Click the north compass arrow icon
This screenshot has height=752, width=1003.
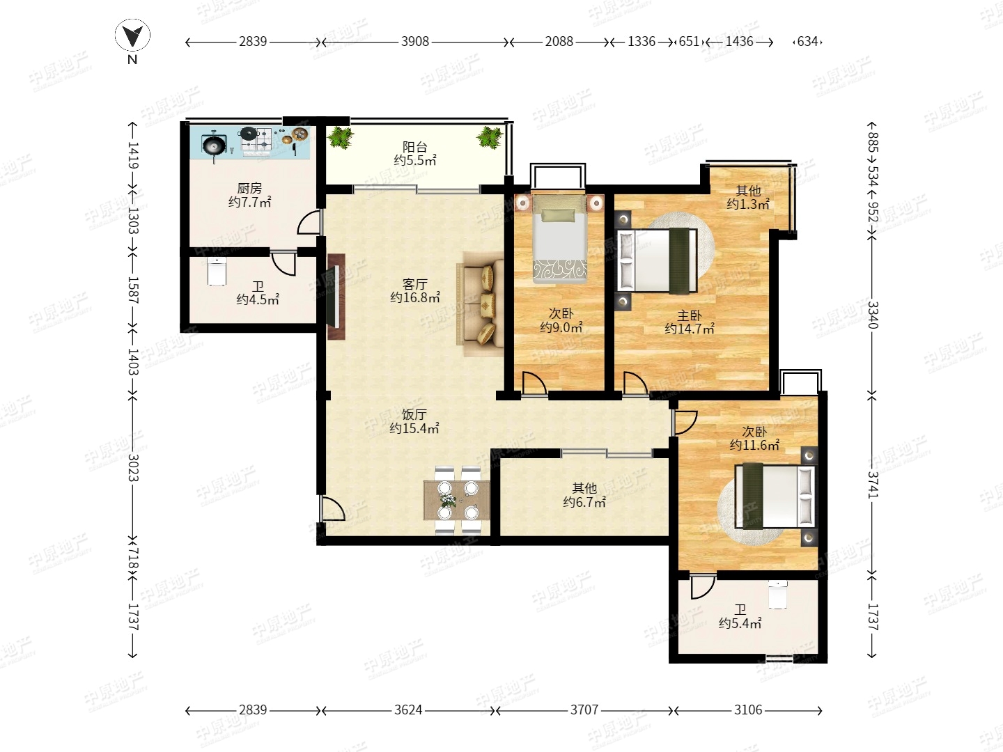132,36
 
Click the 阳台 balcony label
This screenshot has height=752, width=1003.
415,147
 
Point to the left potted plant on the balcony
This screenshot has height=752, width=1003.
341,136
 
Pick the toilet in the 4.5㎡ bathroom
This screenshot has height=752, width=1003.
217,272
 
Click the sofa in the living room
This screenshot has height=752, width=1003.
480,304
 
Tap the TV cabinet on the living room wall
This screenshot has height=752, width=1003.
336,297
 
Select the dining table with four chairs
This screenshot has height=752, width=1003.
457,499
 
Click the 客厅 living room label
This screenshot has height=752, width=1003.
415,284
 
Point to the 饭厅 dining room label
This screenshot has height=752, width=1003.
414,414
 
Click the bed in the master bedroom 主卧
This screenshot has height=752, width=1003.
657,260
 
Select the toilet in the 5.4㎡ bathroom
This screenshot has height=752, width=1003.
777,595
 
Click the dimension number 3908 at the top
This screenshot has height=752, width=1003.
415,42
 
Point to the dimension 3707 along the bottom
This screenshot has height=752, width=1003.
584,710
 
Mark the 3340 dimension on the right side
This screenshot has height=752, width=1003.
873,315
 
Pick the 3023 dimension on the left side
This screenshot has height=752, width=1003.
133,467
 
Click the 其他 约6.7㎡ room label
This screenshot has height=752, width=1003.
584,495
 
